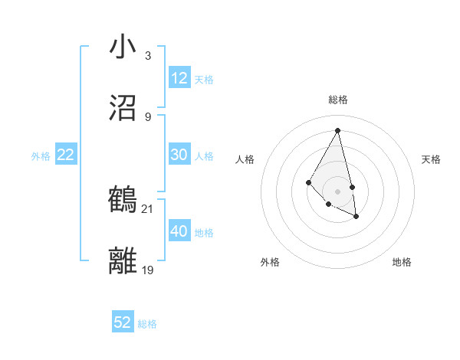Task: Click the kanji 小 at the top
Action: coord(123,47)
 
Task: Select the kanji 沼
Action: coord(123,108)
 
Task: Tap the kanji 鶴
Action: coord(123,200)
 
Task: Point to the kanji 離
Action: coord(123,261)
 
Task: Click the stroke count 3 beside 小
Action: coord(148,55)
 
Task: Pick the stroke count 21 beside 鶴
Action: coord(148,208)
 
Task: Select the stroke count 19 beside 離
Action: coord(148,270)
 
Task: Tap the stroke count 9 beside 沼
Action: coord(148,116)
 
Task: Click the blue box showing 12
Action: coord(179,78)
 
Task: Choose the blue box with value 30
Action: coord(179,155)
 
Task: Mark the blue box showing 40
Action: coord(179,231)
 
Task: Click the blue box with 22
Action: coord(66,155)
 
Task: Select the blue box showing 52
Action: coord(123,322)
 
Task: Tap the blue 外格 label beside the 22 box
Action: coord(41,156)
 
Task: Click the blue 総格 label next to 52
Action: coord(147,324)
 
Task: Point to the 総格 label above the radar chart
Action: coord(338,100)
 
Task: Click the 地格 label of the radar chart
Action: coord(402,262)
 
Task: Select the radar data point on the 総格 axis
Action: coord(338,129)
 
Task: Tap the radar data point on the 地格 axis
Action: coord(356,217)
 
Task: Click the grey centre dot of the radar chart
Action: coord(338,191)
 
